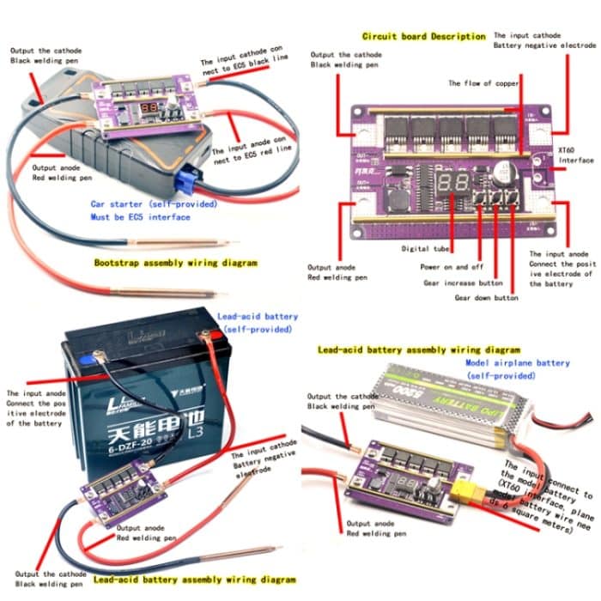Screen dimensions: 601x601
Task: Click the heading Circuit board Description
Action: (x=423, y=36)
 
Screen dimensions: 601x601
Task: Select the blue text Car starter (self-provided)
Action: (x=154, y=204)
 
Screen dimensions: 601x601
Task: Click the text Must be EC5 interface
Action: (x=143, y=217)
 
